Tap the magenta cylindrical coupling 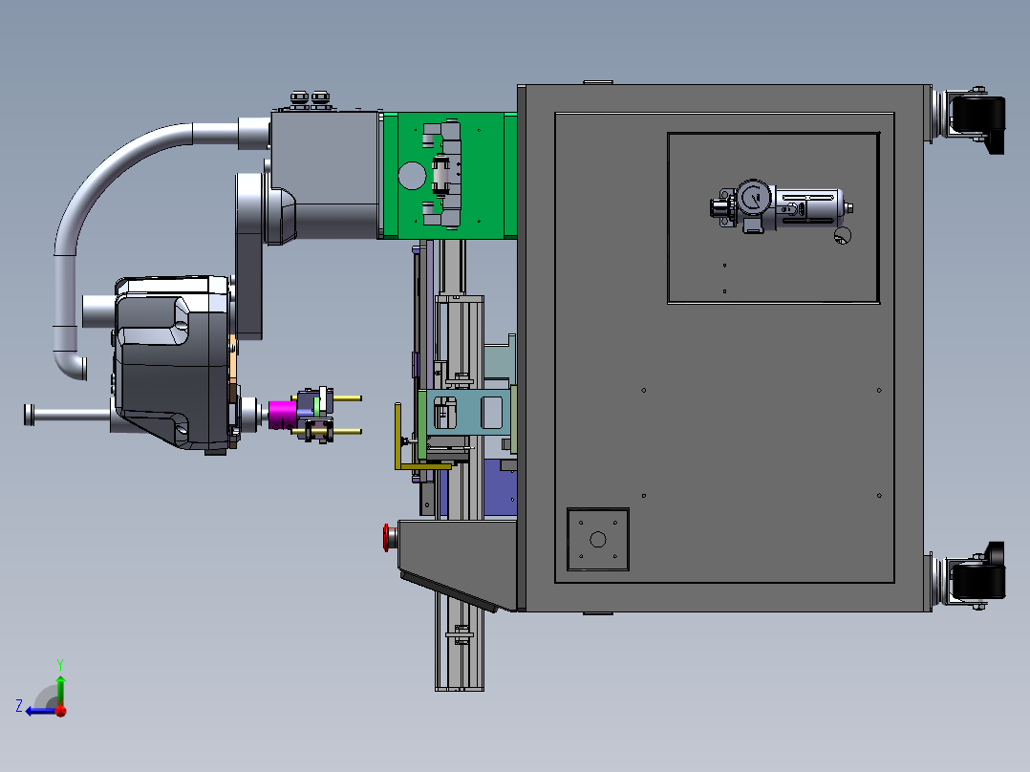(x=283, y=415)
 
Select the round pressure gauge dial (x=753, y=197)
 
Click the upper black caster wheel (x=977, y=119)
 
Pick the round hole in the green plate (x=413, y=176)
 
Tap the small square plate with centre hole (x=598, y=540)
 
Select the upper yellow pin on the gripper (x=346, y=398)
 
